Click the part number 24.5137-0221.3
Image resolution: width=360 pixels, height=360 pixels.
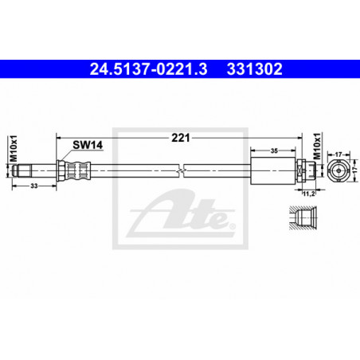pyautogui.click(x=148, y=69)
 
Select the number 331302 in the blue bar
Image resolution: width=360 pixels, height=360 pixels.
pyautogui.click(x=255, y=69)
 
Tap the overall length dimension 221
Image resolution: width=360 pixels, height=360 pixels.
pyautogui.click(x=181, y=138)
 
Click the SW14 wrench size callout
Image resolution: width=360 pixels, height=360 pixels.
pyautogui.click(x=88, y=145)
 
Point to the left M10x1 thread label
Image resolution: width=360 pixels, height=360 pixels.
pyautogui.click(x=14, y=148)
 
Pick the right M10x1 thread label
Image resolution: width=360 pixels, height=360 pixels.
pyautogui.click(x=317, y=146)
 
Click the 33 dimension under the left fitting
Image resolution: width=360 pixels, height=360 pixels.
pyautogui.click(x=34, y=186)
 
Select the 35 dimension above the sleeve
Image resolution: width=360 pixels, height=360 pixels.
pyautogui.click(x=274, y=151)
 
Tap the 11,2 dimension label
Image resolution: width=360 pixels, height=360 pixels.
pyautogui.click(x=309, y=194)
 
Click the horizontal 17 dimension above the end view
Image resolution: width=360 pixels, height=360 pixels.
pyautogui.click(x=338, y=154)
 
